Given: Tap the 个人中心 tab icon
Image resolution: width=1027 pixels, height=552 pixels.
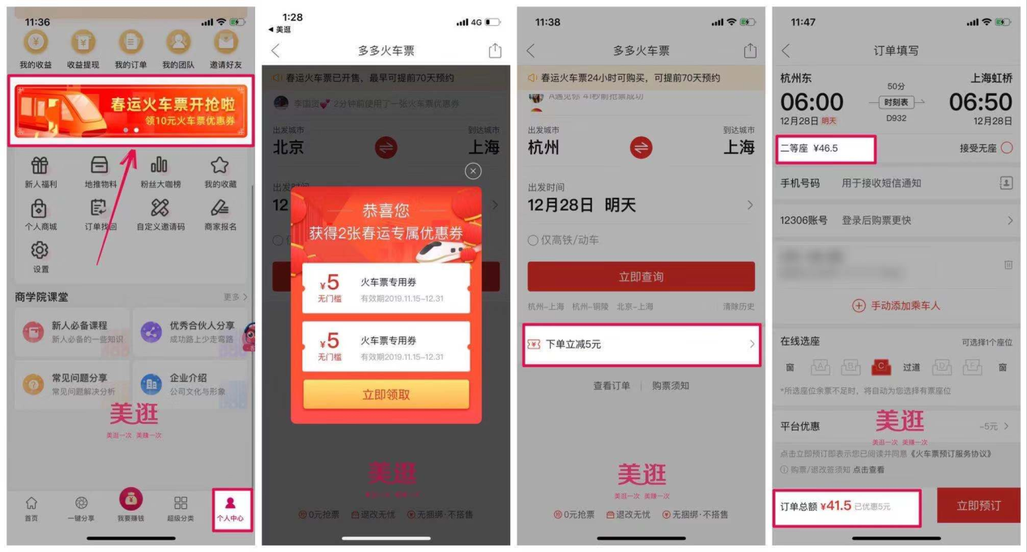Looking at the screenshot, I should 230,503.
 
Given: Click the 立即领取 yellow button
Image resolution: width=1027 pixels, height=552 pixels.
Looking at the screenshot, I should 386,395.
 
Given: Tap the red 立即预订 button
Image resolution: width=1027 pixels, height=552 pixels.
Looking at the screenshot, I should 978,506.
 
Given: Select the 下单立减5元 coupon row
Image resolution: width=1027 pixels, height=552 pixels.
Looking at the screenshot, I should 641,344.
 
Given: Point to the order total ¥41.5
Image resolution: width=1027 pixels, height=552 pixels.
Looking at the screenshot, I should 836,506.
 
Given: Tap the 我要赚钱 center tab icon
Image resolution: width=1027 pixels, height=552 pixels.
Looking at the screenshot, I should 130,499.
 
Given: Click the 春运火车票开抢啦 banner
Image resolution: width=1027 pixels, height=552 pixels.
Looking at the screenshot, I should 130,111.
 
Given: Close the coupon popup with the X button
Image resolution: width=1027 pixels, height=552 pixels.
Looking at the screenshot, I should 473,171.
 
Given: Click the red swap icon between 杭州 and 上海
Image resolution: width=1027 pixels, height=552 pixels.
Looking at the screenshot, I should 641,148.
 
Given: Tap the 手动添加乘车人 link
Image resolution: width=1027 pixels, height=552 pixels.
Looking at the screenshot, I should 895,306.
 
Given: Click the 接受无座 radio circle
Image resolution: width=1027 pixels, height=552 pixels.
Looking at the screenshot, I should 1007,148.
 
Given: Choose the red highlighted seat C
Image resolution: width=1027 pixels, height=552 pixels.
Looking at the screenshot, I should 881,367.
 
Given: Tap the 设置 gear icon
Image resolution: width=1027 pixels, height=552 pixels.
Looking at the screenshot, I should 39,250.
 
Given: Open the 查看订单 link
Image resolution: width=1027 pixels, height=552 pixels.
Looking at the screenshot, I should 612,386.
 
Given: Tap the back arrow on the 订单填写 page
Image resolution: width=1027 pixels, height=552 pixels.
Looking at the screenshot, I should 785,51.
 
